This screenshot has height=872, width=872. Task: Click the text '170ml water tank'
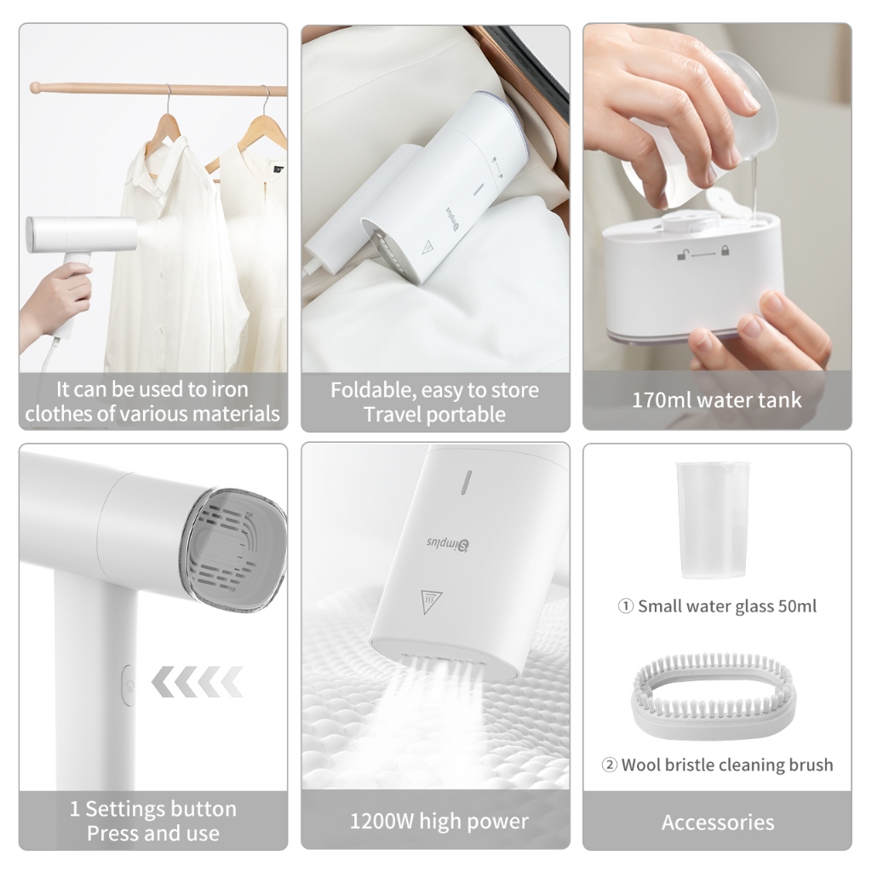(x=716, y=400)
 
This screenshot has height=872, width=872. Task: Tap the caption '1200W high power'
(x=439, y=822)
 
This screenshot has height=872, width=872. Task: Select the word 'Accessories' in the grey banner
(x=717, y=822)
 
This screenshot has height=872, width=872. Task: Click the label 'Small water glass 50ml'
(x=727, y=606)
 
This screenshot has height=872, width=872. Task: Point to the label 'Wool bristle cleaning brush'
(x=727, y=765)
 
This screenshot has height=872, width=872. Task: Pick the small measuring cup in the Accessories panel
(x=713, y=520)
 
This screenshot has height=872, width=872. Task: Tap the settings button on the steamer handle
(x=129, y=686)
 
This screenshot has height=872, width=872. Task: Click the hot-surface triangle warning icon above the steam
(x=430, y=601)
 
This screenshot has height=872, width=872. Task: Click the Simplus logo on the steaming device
(x=448, y=543)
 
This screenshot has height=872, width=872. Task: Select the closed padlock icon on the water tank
(x=725, y=251)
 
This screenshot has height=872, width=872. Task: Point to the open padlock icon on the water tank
(x=683, y=254)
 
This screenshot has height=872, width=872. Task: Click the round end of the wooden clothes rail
(x=36, y=88)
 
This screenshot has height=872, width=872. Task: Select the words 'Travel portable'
(x=435, y=415)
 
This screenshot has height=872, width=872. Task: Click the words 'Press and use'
(x=153, y=833)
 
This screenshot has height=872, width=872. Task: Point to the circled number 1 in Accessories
(x=626, y=606)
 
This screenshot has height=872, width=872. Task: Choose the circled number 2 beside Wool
(x=610, y=766)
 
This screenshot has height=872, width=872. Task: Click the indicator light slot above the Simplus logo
(x=468, y=482)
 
